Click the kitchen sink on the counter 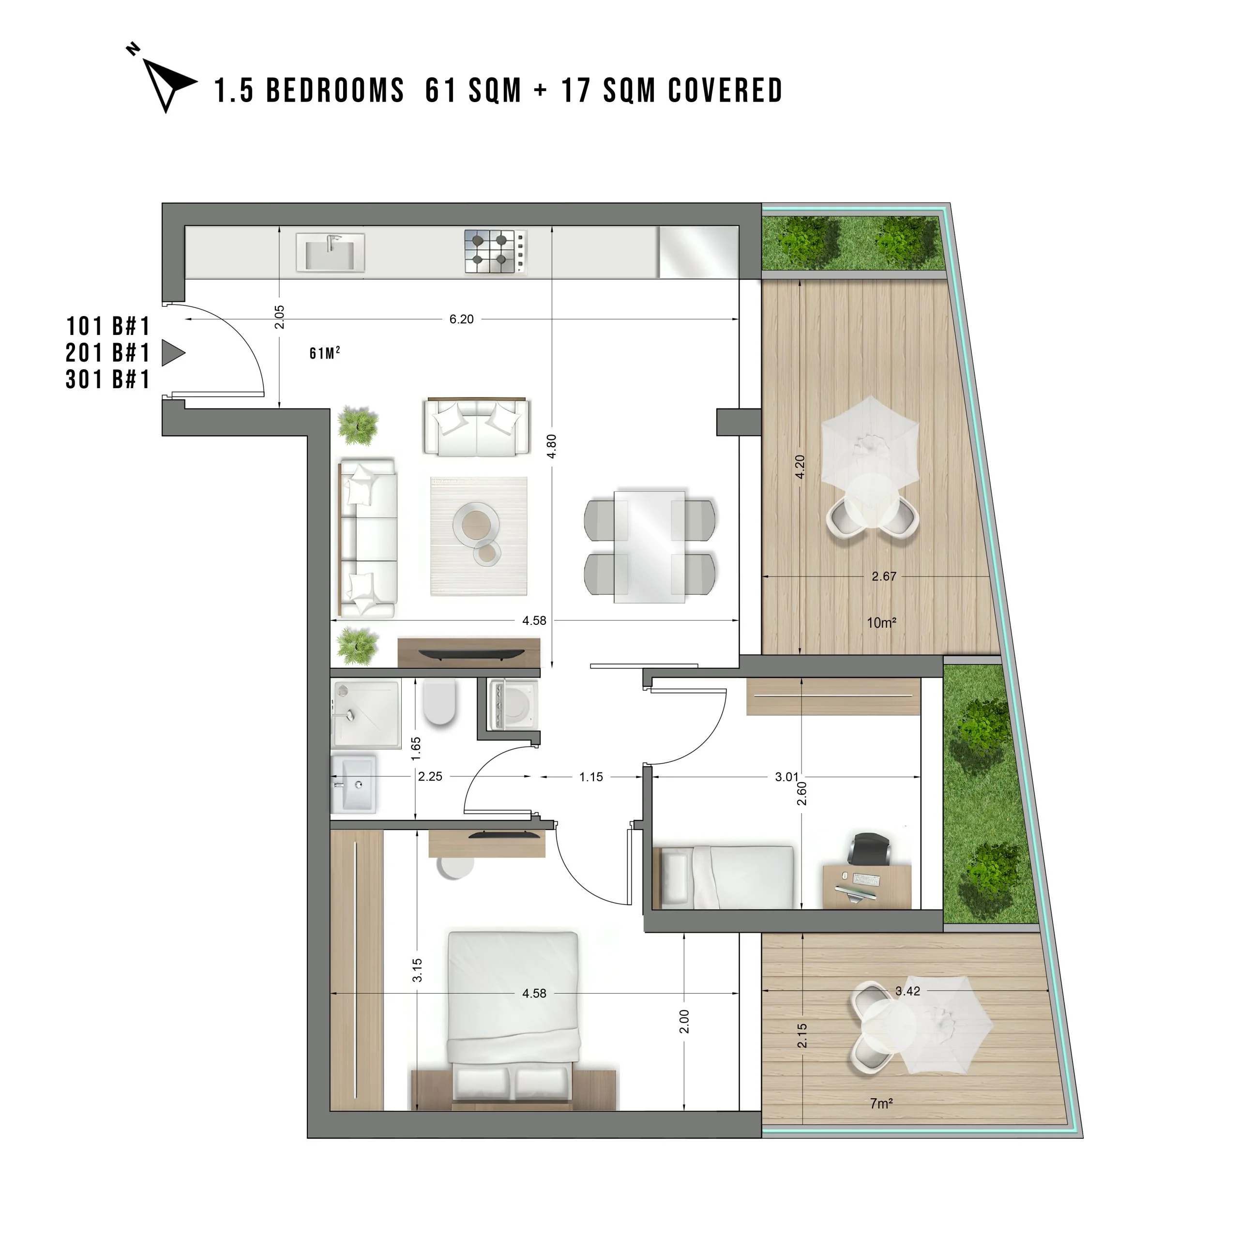click(330, 252)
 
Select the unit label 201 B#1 click(108, 353)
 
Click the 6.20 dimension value click(461, 319)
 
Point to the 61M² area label click(324, 353)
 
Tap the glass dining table click(650, 546)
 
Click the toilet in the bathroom click(439, 702)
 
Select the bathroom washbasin click(353, 783)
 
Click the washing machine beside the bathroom click(513, 705)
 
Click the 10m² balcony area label click(881, 622)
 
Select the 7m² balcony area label click(881, 1103)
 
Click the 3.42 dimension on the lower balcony click(907, 991)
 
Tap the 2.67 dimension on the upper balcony click(884, 576)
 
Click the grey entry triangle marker click(172, 353)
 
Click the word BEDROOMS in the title click(335, 91)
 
